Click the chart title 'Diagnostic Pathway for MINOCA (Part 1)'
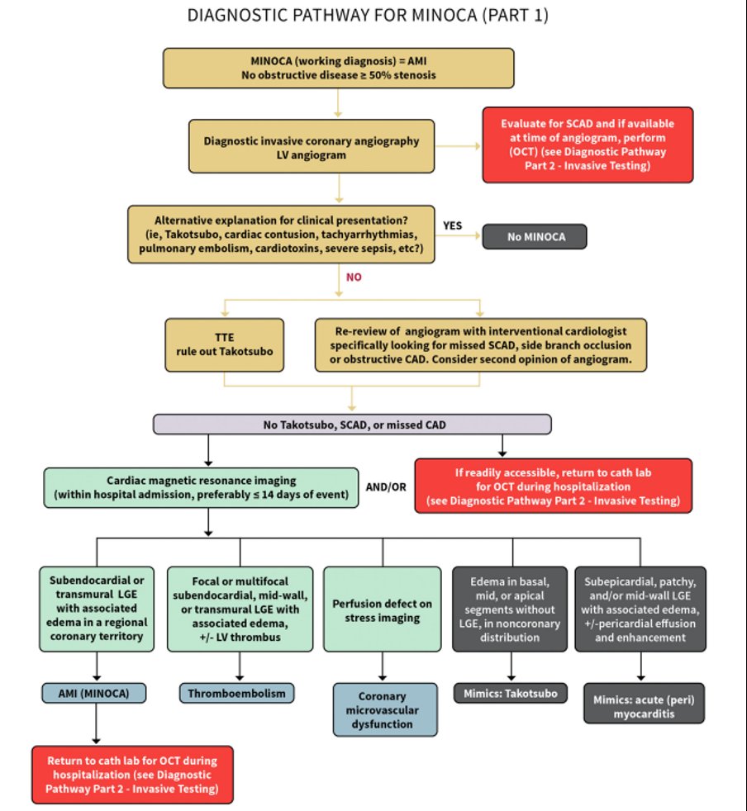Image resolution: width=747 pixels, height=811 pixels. [x=368, y=16]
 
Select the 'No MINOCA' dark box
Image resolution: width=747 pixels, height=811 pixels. [x=535, y=237]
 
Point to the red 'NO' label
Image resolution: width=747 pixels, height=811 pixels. [x=354, y=277]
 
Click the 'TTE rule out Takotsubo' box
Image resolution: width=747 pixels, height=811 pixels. [x=224, y=345]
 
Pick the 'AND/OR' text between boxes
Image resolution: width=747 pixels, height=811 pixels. [x=386, y=487]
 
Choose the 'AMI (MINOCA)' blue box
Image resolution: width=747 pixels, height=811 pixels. [x=93, y=693]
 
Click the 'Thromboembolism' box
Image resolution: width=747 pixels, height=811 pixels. [x=236, y=693]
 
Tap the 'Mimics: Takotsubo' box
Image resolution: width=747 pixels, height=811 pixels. [x=511, y=693]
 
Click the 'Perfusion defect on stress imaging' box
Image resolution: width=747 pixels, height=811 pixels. [x=383, y=609]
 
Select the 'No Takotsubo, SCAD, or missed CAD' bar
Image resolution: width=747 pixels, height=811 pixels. [x=352, y=424]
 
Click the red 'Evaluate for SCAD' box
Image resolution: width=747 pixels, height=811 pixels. [x=588, y=145]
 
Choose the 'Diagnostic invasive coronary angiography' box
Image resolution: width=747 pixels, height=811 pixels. [x=312, y=146]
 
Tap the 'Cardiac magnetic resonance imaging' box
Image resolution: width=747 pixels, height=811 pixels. [x=201, y=488]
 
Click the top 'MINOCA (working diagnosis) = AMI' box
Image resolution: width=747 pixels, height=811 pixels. [x=339, y=69]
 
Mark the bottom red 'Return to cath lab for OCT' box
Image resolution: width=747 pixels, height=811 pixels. [x=132, y=775]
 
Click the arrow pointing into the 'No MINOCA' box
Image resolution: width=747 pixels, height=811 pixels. [x=458, y=236]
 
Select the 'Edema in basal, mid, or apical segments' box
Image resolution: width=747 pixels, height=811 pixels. [x=510, y=609]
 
